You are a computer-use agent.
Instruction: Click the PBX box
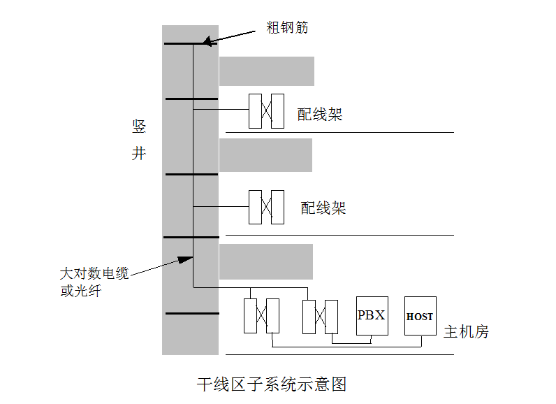pyautogui.click(x=372, y=315)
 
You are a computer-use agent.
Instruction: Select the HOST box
pyautogui.click(x=420, y=316)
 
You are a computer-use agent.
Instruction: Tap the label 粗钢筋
pyautogui.click(x=287, y=28)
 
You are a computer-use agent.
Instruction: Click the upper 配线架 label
pyautogui.click(x=320, y=115)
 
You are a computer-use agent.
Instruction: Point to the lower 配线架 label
pyautogui.click(x=323, y=208)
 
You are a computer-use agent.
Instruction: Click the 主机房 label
pyautogui.click(x=467, y=332)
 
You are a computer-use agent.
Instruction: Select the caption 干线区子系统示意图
pyautogui.click(x=272, y=384)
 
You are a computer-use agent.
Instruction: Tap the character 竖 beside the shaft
pyautogui.click(x=139, y=127)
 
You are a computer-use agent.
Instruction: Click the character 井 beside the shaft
pyautogui.click(x=139, y=153)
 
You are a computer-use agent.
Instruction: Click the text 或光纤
pyautogui.click(x=80, y=291)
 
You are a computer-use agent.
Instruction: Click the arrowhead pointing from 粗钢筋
pyautogui.click(x=208, y=43)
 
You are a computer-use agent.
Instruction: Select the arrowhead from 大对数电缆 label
pyautogui.click(x=185, y=259)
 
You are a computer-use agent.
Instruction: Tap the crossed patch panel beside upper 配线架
pyautogui.click(x=267, y=110)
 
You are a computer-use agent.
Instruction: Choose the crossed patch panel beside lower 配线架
pyautogui.click(x=267, y=207)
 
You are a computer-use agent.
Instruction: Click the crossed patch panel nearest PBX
pyautogui.click(x=321, y=316)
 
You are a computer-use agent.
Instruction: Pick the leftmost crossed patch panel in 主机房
pyautogui.click(x=261, y=316)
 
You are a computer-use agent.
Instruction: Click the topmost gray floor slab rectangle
pyautogui.click(x=267, y=71)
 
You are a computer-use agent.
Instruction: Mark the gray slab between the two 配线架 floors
pyautogui.click(x=265, y=155)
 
